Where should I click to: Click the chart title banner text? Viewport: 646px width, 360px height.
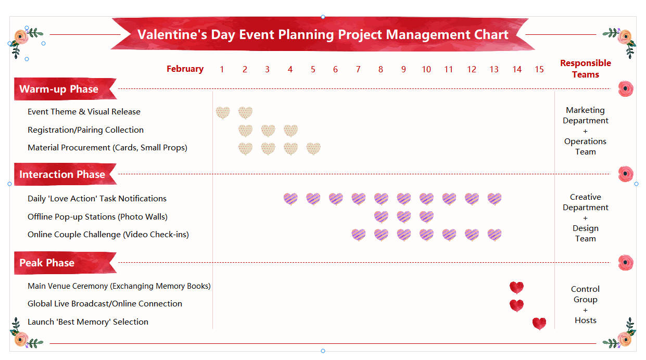(323, 34)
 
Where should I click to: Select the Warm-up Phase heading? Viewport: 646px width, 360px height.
(59, 89)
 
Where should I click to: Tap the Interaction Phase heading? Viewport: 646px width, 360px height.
(62, 174)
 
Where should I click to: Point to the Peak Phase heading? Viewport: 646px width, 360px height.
(47, 263)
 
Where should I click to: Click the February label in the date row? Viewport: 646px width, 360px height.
(185, 69)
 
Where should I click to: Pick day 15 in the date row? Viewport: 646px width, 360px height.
(539, 69)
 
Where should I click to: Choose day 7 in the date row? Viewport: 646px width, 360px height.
(358, 69)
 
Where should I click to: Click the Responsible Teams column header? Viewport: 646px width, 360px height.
(585, 69)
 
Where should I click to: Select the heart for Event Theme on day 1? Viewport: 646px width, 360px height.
(223, 112)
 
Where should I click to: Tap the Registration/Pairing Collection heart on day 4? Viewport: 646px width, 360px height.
(290, 130)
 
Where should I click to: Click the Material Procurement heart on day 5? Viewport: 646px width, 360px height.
(313, 148)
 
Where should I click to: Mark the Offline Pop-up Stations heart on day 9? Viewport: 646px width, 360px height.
(404, 216)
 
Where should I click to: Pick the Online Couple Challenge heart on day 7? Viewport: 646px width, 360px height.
(358, 235)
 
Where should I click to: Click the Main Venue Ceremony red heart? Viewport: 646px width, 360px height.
(516, 287)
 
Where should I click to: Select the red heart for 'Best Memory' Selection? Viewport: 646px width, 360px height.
(539, 323)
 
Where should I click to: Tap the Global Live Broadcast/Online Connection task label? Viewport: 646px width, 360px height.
(105, 304)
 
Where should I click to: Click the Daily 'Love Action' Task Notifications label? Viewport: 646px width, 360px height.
(97, 199)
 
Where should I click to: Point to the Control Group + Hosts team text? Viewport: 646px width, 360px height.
(585, 304)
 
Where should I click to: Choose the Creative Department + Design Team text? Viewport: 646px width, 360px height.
(585, 217)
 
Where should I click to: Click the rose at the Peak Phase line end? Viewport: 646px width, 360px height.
(626, 262)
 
